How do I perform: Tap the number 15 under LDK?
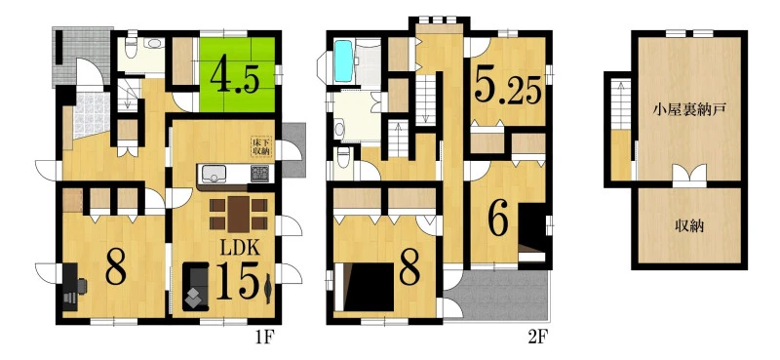(237, 282)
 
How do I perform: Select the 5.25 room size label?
(507, 86)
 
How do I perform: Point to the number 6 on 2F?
(498, 220)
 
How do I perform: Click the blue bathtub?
(343, 60)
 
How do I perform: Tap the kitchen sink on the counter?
(214, 174)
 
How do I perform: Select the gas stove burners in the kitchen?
(259, 174)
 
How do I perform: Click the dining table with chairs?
(239, 214)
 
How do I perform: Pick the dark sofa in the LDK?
(196, 286)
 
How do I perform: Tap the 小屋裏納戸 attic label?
(689, 110)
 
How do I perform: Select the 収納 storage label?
(689, 225)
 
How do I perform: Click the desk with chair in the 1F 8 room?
(74, 287)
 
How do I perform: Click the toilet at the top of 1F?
(132, 47)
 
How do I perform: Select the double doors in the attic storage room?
(689, 176)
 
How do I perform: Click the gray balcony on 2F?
(499, 297)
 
